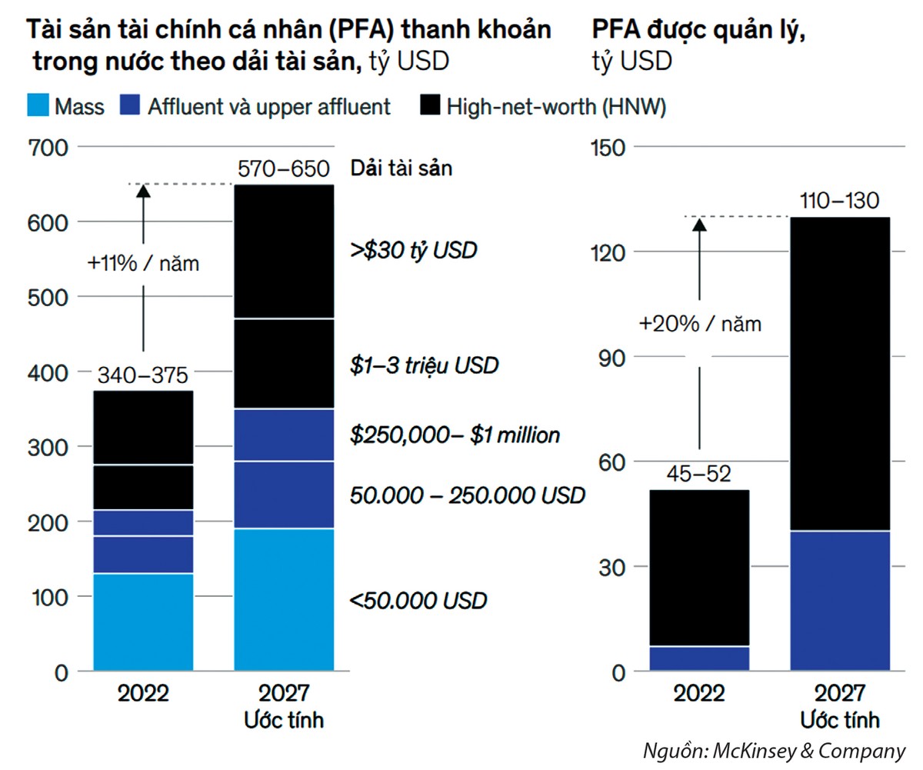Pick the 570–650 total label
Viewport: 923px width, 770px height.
click(x=283, y=168)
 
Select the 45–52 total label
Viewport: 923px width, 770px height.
click(x=698, y=475)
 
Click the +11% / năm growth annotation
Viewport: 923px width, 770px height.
click(x=143, y=264)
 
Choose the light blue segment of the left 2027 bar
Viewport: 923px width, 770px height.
click(x=284, y=600)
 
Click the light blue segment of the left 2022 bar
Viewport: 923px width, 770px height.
click(x=143, y=622)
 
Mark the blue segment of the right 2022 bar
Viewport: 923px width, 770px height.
click(x=699, y=658)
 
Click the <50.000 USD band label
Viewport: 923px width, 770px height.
click(x=418, y=600)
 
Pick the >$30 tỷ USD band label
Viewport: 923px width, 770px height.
click(x=413, y=250)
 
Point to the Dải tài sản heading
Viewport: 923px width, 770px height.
click(x=401, y=168)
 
